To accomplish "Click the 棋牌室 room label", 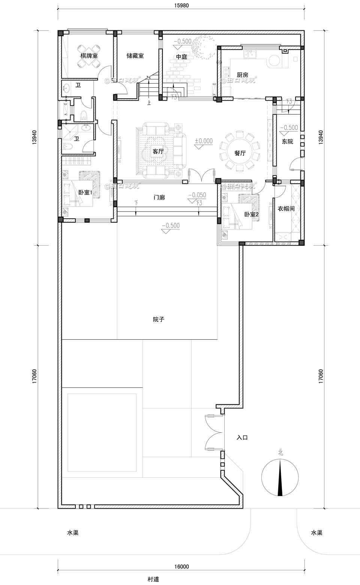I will (x=89, y=56).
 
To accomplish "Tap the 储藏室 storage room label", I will (x=135, y=56).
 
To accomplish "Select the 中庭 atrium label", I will (x=181, y=57).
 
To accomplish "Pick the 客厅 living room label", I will (x=158, y=152).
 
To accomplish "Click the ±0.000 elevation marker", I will (x=204, y=141).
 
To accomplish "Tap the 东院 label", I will (x=288, y=142).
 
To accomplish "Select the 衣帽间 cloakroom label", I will (x=286, y=209).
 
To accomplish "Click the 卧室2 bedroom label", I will (x=252, y=214).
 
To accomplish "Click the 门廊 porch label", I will (x=159, y=197).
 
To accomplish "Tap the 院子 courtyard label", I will (x=159, y=319).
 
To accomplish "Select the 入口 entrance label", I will (x=242, y=437).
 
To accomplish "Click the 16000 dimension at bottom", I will (x=181, y=567).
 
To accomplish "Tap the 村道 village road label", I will (x=153, y=579).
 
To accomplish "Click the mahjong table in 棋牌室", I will (x=89, y=56).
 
